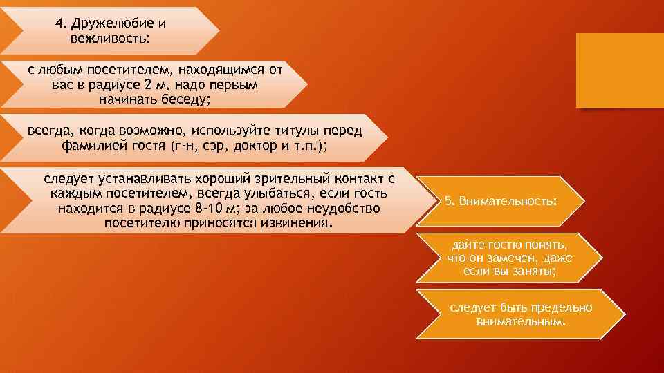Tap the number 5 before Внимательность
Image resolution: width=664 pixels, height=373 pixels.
pos(449,200)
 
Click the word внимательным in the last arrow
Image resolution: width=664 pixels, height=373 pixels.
pos(521,321)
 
